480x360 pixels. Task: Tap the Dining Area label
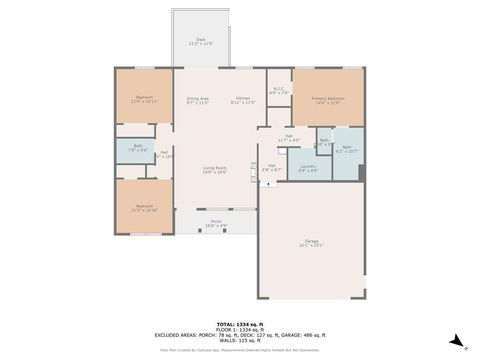pos(198,98)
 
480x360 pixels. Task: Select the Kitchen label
pos(243,98)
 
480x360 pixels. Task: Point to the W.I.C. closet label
pos(279,90)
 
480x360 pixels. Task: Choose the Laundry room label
pos(308,166)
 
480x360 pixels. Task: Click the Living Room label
pos(214,167)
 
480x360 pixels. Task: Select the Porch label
pos(216,221)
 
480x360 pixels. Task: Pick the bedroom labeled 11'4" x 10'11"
pos(145,98)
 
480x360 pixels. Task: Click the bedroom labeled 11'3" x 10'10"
pos(145,206)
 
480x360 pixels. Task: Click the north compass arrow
pos(455,339)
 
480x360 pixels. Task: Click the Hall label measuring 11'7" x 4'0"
pos(288,136)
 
